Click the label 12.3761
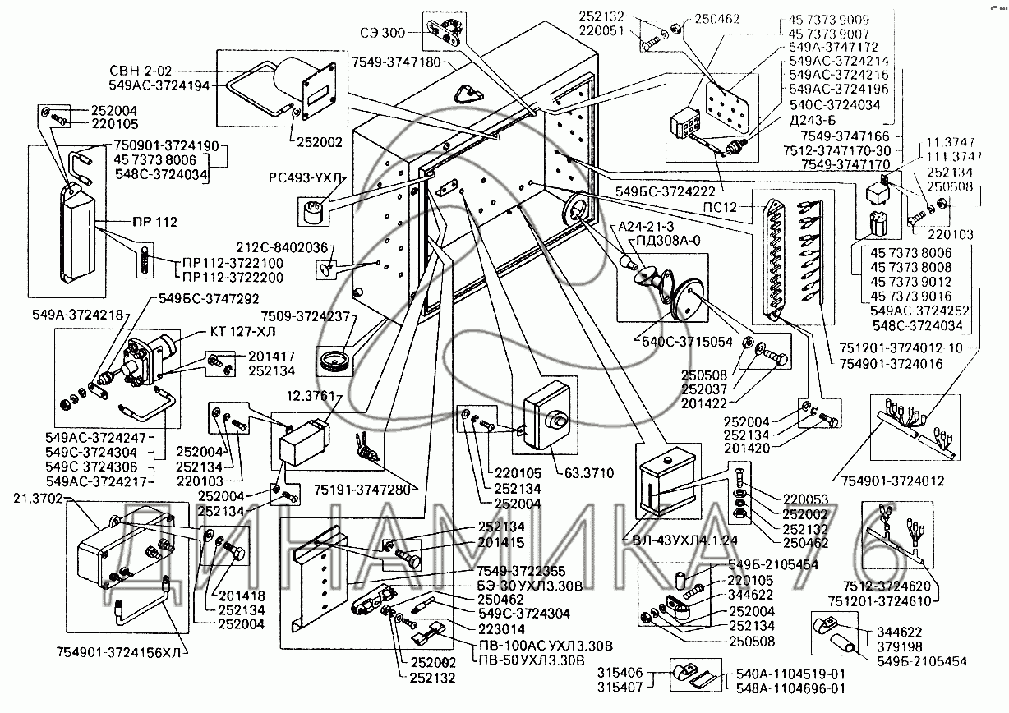click(x=311, y=397)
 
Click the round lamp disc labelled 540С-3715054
click(x=686, y=300)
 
